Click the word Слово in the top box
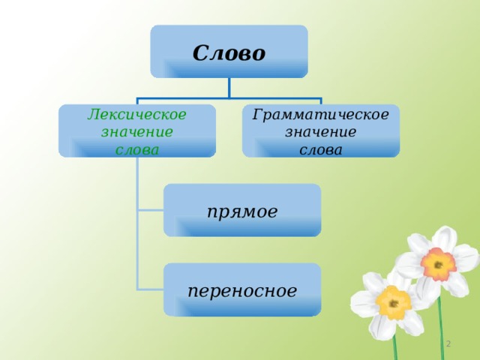click(x=229, y=53)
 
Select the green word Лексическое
click(x=136, y=115)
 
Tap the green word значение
click(x=136, y=132)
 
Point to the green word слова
click(x=136, y=150)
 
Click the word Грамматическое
click(x=320, y=115)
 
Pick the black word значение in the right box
click(x=320, y=132)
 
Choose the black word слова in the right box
click(x=320, y=150)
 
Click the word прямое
click(x=242, y=211)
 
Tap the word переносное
click(x=242, y=291)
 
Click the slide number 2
click(x=448, y=343)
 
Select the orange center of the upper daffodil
click(x=438, y=264)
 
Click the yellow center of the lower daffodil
click(x=393, y=303)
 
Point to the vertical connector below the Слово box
click(x=229, y=88)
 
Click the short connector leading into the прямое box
click(x=151, y=210)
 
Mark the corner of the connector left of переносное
click(x=138, y=289)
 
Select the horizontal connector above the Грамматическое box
click(x=275, y=98)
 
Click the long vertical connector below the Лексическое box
click(x=138, y=223)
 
